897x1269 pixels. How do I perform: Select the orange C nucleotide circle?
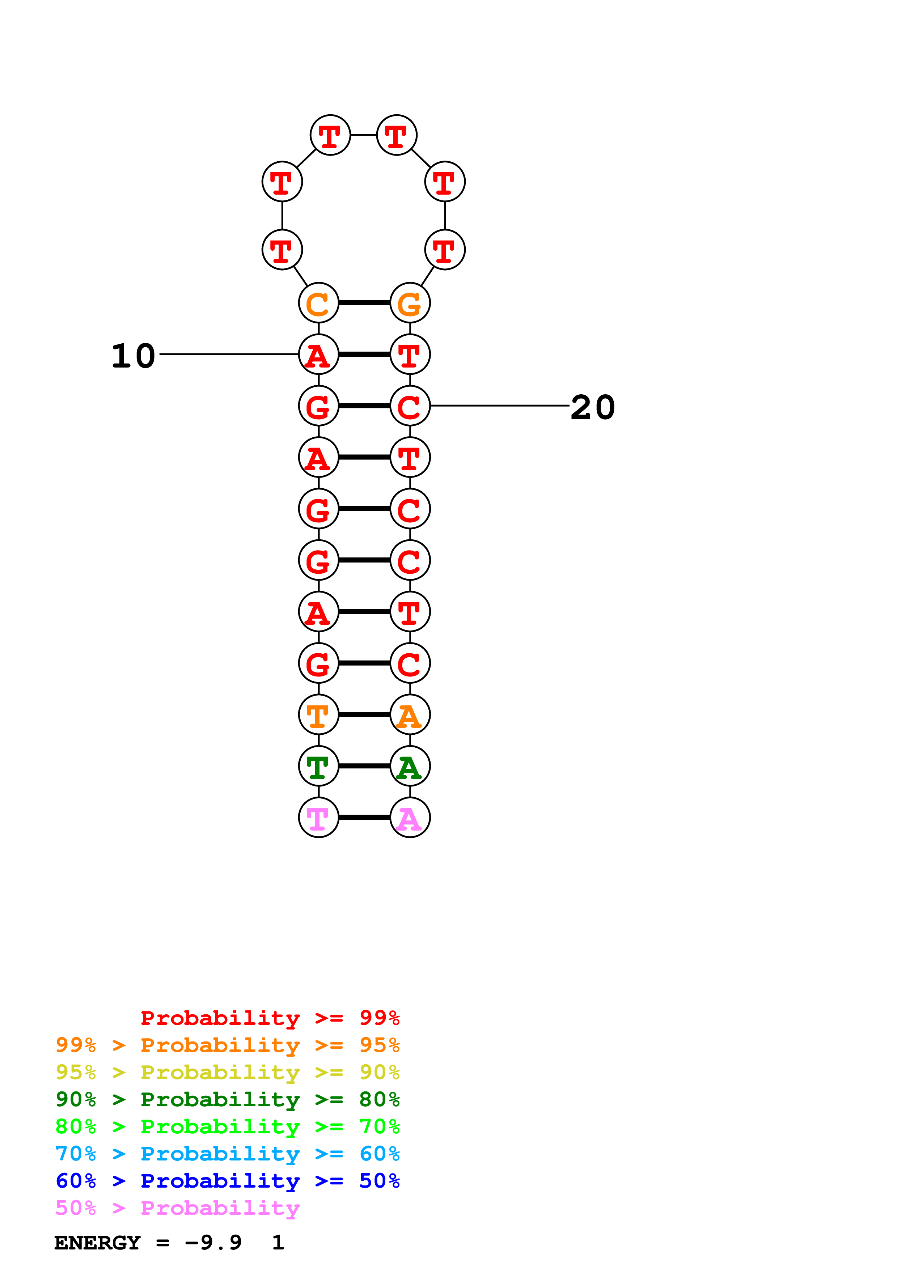coord(318,303)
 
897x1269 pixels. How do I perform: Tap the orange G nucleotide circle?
coord(410,303)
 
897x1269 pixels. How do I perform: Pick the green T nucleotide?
coord(318,766)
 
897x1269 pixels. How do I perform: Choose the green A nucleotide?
coord(410,766)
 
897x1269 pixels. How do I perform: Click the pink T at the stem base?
coord(318,818)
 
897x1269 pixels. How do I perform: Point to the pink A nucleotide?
coord(410,818)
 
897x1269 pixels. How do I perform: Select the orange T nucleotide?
coord(318,715)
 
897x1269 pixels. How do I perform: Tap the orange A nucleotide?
coord(410,715)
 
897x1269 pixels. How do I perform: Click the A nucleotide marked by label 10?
coord(318,354)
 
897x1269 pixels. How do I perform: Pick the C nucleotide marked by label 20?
coord(410,406)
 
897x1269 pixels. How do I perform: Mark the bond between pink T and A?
coord(364,818)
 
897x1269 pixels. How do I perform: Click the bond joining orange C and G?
coord(364,303)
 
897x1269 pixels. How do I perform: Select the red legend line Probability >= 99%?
coord(270,1018)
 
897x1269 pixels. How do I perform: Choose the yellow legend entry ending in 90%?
coord(227,1072)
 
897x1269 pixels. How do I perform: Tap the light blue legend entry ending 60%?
coord(227,1154)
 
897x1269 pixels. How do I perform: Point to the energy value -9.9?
coord(213,1243)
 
